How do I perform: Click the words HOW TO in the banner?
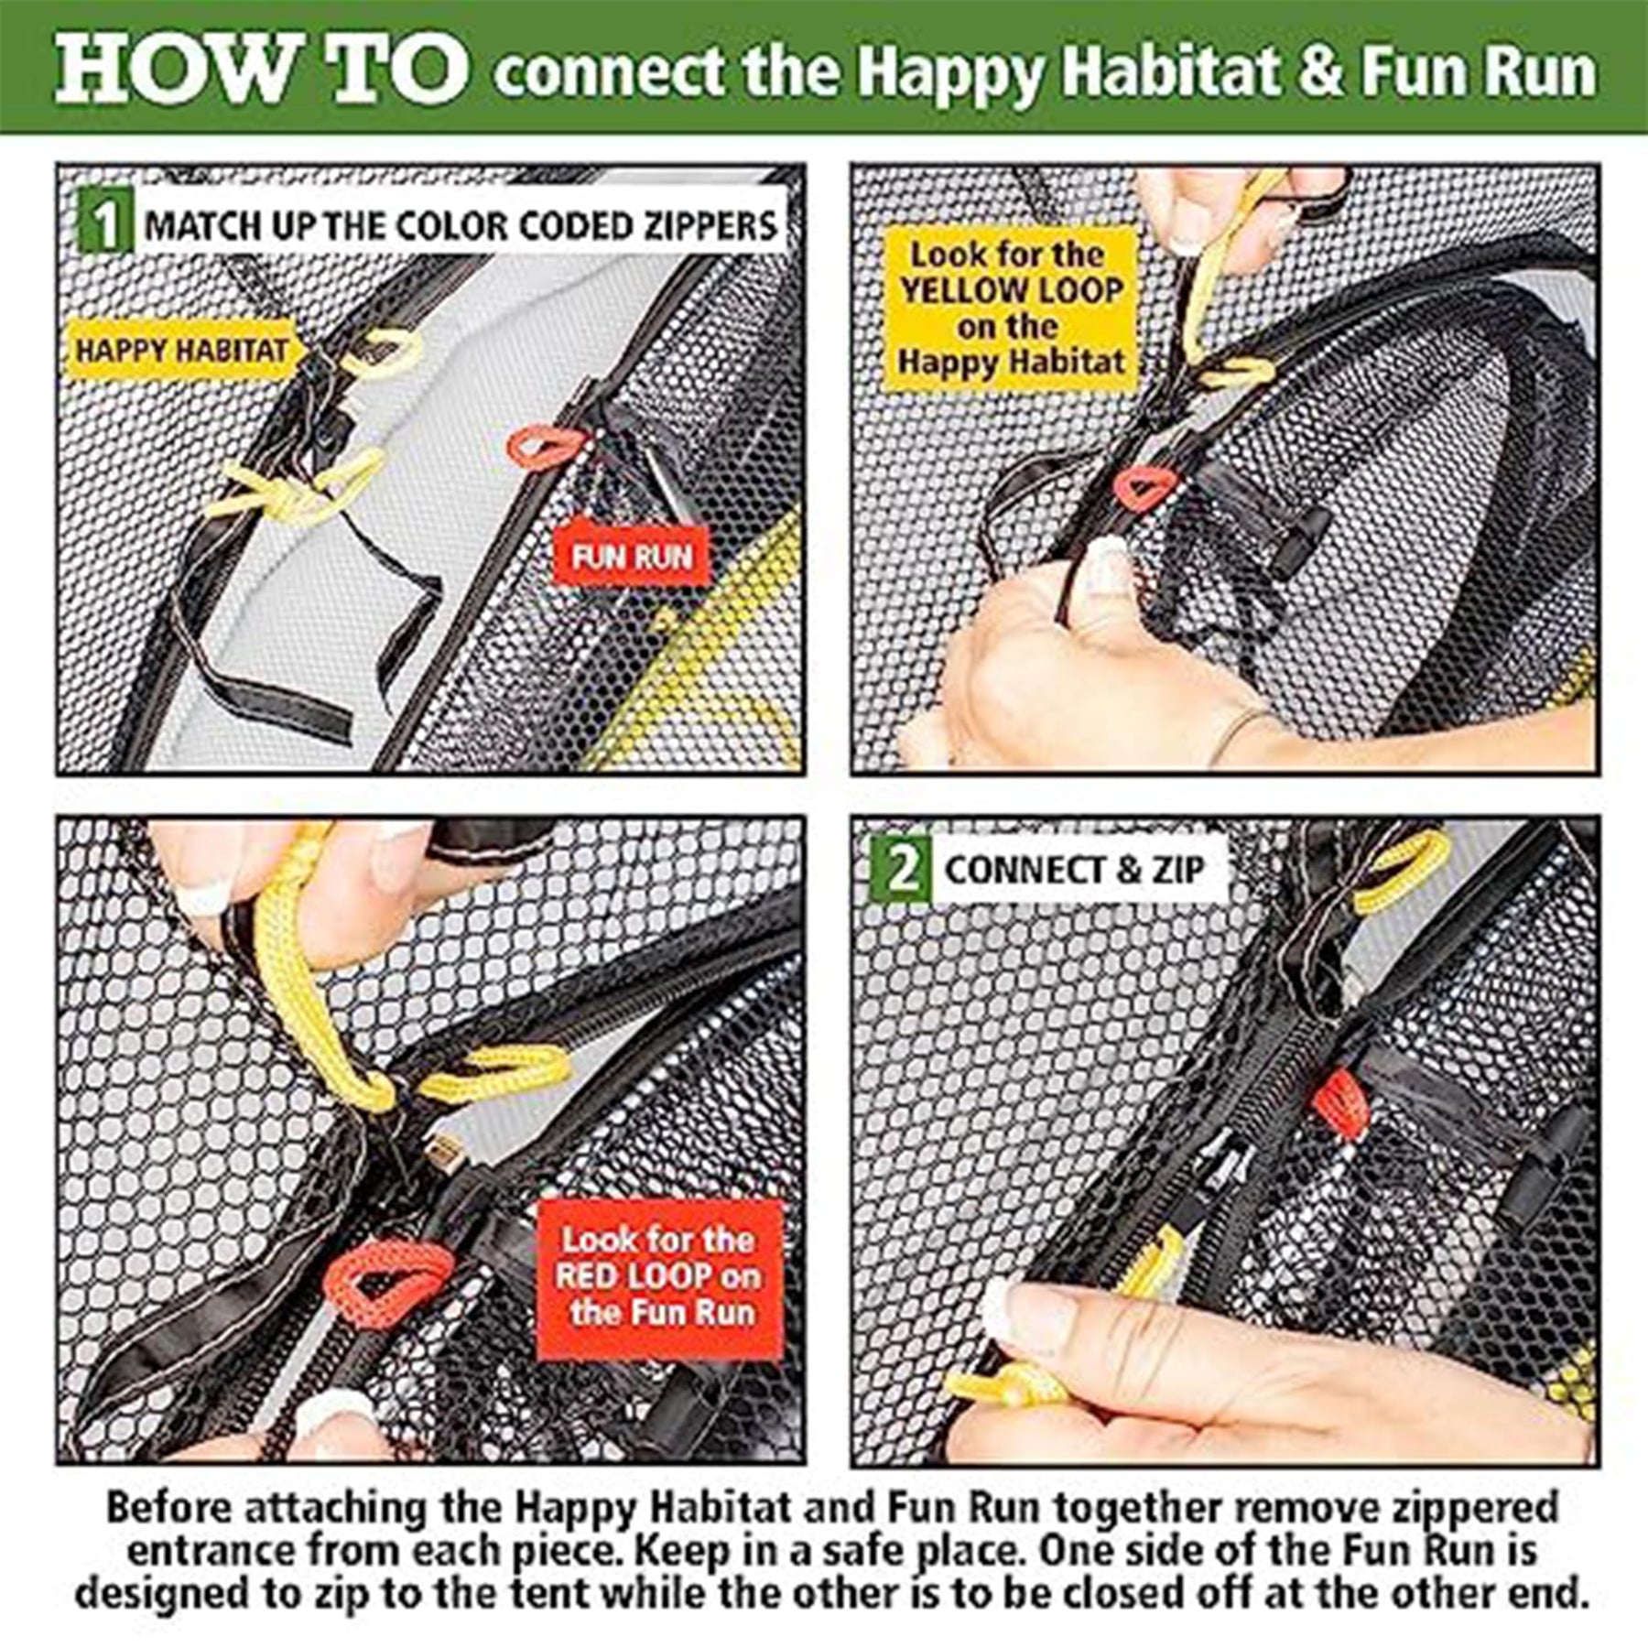(262, 70)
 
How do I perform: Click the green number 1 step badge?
(107, 222)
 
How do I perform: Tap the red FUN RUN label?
(632, 556)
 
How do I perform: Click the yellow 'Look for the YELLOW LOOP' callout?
(1011, 309)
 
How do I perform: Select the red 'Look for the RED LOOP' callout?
(660, 1279)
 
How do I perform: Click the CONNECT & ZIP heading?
(1074, 869)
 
